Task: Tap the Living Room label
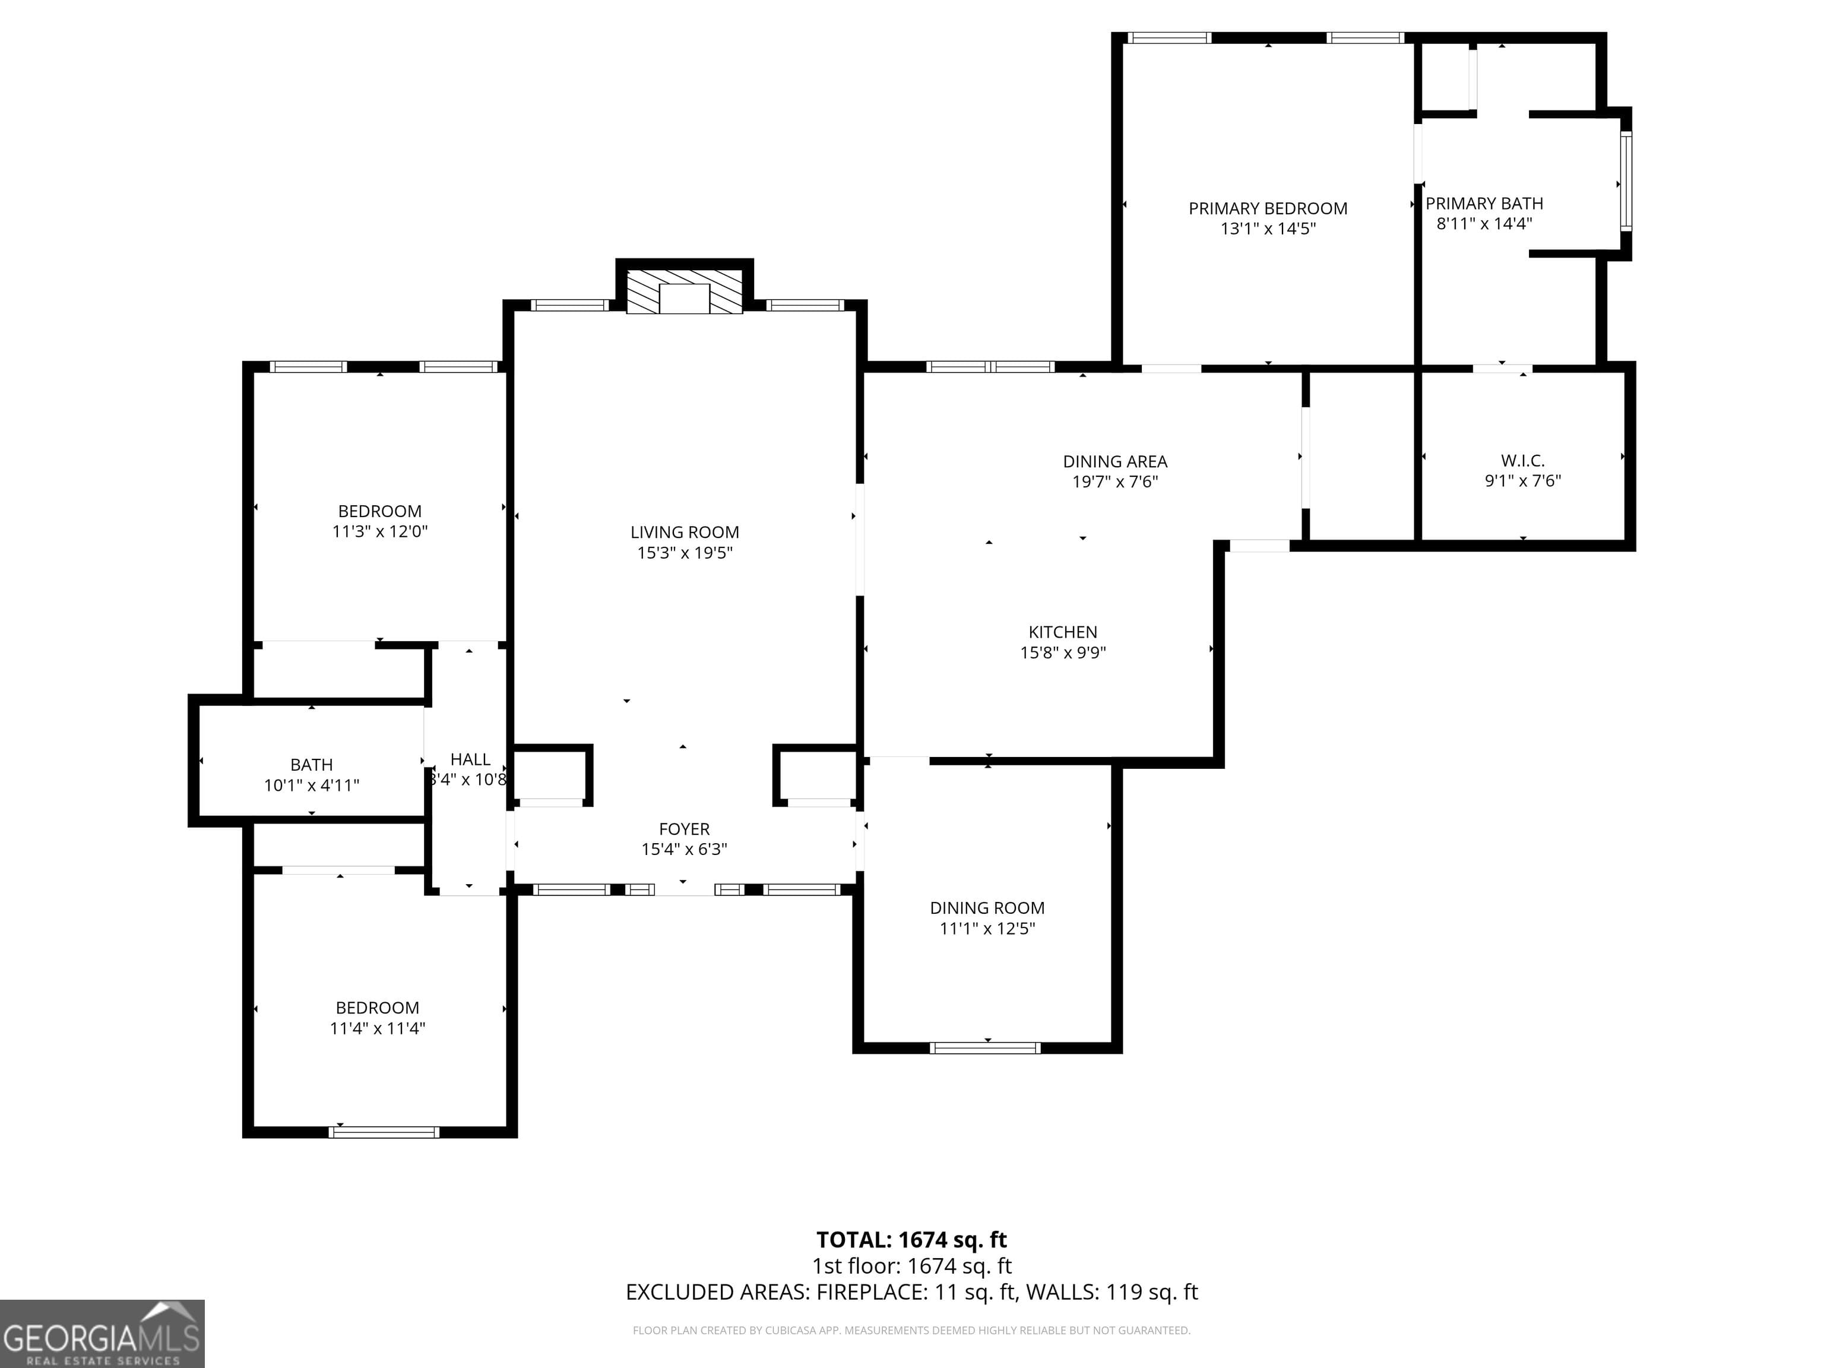click(685, 533)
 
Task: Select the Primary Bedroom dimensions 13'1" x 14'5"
click(1268, 229)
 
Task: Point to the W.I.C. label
click(1522, 461)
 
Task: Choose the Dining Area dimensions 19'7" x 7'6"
click(1115, 482)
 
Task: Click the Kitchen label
click(1062, 632)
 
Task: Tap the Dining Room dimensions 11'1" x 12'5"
click(987, 929)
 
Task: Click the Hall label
click(470, 759)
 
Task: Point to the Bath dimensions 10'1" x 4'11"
click(312, 785)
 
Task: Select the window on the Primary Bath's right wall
click(1624, 182)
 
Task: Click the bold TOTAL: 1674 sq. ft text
click(911, 1239)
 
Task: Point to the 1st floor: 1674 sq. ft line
click(911, 1266)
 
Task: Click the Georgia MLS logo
click(102, 1334)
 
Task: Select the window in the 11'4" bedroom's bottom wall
click(384, 1132)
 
